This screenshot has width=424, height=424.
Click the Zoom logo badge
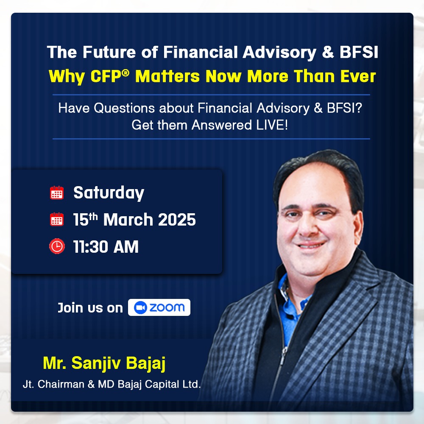(159, 307)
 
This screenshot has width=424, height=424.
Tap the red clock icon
(57, 246)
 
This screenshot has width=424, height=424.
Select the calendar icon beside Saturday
(57, 192)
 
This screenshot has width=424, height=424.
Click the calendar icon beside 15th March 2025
(57, 219)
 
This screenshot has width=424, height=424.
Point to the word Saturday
(109, 193)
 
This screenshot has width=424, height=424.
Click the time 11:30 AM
(106, 247)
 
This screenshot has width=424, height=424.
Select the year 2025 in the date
(177, 219)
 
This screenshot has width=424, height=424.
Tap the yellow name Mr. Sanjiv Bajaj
(104, 363)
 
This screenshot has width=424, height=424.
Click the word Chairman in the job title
(61, 384)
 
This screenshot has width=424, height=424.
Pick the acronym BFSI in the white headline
(359, 52)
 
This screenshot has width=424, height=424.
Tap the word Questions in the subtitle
(124, 108)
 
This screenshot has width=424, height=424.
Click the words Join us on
(90, 308)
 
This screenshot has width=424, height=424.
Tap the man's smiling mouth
(311, 245)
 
